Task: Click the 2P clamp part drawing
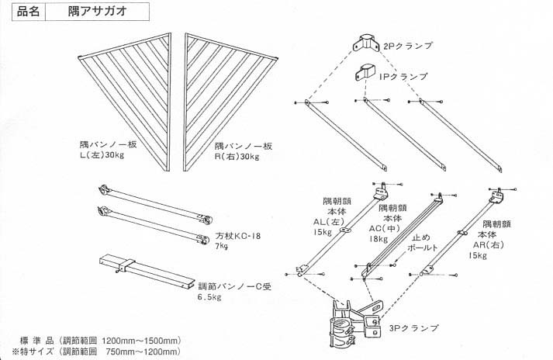367,43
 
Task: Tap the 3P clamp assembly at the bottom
357,322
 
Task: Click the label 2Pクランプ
408,46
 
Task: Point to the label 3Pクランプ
413,328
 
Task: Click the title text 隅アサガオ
98,12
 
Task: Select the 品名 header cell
29,12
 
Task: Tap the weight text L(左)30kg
102,155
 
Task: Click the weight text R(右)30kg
237,157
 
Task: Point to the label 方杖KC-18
238,236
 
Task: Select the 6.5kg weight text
209,297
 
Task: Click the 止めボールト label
422,243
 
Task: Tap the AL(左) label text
329,222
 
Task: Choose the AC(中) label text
385,229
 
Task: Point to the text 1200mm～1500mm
140,341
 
